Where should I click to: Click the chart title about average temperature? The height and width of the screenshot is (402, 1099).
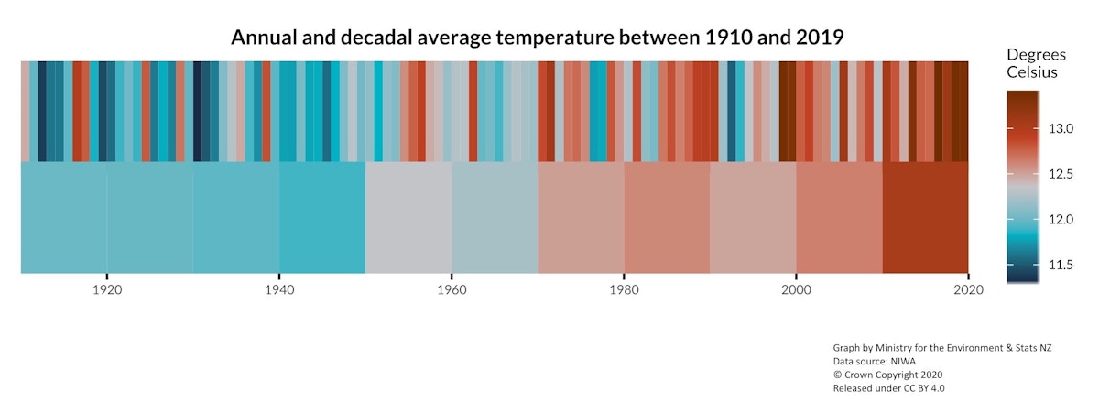click(537, 38)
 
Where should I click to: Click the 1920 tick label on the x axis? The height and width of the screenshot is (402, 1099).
click(107, 289)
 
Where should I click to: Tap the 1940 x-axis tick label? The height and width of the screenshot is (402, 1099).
click(279, 289)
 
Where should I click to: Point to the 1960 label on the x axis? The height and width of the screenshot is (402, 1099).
click(452, 289)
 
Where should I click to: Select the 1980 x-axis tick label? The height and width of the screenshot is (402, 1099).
click(624, 289)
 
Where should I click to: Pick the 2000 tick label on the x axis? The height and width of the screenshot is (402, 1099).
click(796, 289)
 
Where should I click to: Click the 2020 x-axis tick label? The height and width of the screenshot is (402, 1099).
click(968, 289)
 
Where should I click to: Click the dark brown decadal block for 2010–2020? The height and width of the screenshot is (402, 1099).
click(925, 217)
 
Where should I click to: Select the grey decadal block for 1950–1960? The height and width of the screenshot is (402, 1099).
click(408, 217)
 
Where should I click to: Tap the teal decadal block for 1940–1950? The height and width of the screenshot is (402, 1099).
click(322, 217)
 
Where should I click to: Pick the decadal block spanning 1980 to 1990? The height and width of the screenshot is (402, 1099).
click(667, 217)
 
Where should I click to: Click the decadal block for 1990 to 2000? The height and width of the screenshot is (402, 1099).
click(753, 217)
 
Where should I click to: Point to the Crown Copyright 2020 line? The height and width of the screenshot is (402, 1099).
click(887, 374)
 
